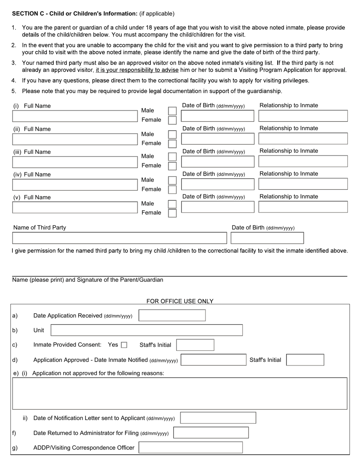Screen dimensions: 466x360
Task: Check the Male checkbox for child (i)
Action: coord(172,111)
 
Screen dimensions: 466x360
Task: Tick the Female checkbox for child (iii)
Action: coord(172,166)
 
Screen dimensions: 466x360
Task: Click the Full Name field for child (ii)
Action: coord(75,139)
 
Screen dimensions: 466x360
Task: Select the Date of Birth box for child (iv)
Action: coord(218,185)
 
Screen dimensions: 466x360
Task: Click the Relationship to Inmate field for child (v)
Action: coord(303,207)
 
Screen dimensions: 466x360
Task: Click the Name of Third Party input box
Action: coord(119,238)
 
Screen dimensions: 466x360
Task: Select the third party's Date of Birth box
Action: coord(267,238)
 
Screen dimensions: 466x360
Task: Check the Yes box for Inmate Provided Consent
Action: coord(124,345)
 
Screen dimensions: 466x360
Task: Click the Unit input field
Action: coord(147,330)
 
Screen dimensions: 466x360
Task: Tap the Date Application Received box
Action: coord(172,316)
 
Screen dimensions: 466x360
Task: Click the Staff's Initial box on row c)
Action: coord(195,345)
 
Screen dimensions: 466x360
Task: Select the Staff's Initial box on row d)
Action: coord(305,360)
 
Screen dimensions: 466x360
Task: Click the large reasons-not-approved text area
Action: coord(180,393)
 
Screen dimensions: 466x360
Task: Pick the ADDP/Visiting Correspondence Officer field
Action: coord(191,447)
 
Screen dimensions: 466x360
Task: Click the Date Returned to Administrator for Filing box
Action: coord(211,433)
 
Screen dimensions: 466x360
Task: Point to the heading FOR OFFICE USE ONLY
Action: coord(180,301)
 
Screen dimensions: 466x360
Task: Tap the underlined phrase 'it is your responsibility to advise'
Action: coord(137,70)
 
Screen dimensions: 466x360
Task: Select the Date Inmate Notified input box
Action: coord(213,360)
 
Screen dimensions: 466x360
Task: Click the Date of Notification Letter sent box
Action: coord(218,418)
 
